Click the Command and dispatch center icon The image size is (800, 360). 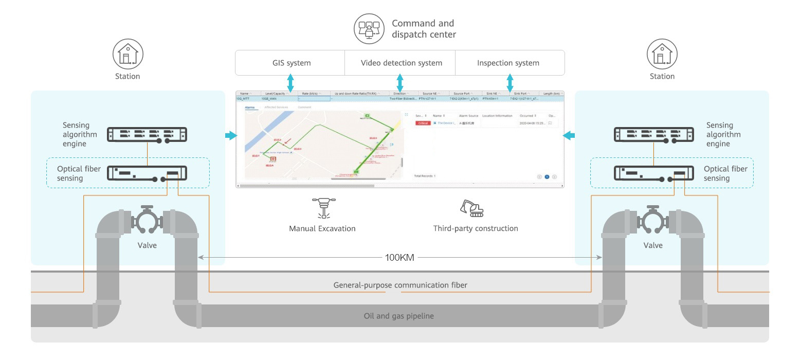click(x=369, y=28)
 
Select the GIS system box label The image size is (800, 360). click(x=292, y=63)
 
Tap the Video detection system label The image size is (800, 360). click(x=402, y=63)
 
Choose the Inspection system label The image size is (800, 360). click(x=508, y=63)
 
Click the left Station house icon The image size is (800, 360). click(x=128, y=54)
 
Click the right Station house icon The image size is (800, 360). click(x=662, y=54)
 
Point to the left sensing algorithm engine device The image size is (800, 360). click(x=147, y=135)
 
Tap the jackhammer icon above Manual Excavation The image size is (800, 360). click(x=323, y=208)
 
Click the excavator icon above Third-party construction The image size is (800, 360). click(x=472, y=208)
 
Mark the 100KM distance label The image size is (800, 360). click(x=399, y=258)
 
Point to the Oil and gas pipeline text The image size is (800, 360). click(x=398, y=316)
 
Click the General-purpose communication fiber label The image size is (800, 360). click(x=400, y=285)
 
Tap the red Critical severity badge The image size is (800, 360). click(x=423, y=123)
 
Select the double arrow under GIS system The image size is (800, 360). click(x=290, y=83)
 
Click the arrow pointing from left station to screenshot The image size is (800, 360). click(x=231, y=136)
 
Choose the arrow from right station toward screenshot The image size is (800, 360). click(x=569, y=136)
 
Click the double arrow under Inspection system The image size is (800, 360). click(x=510, y=83)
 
